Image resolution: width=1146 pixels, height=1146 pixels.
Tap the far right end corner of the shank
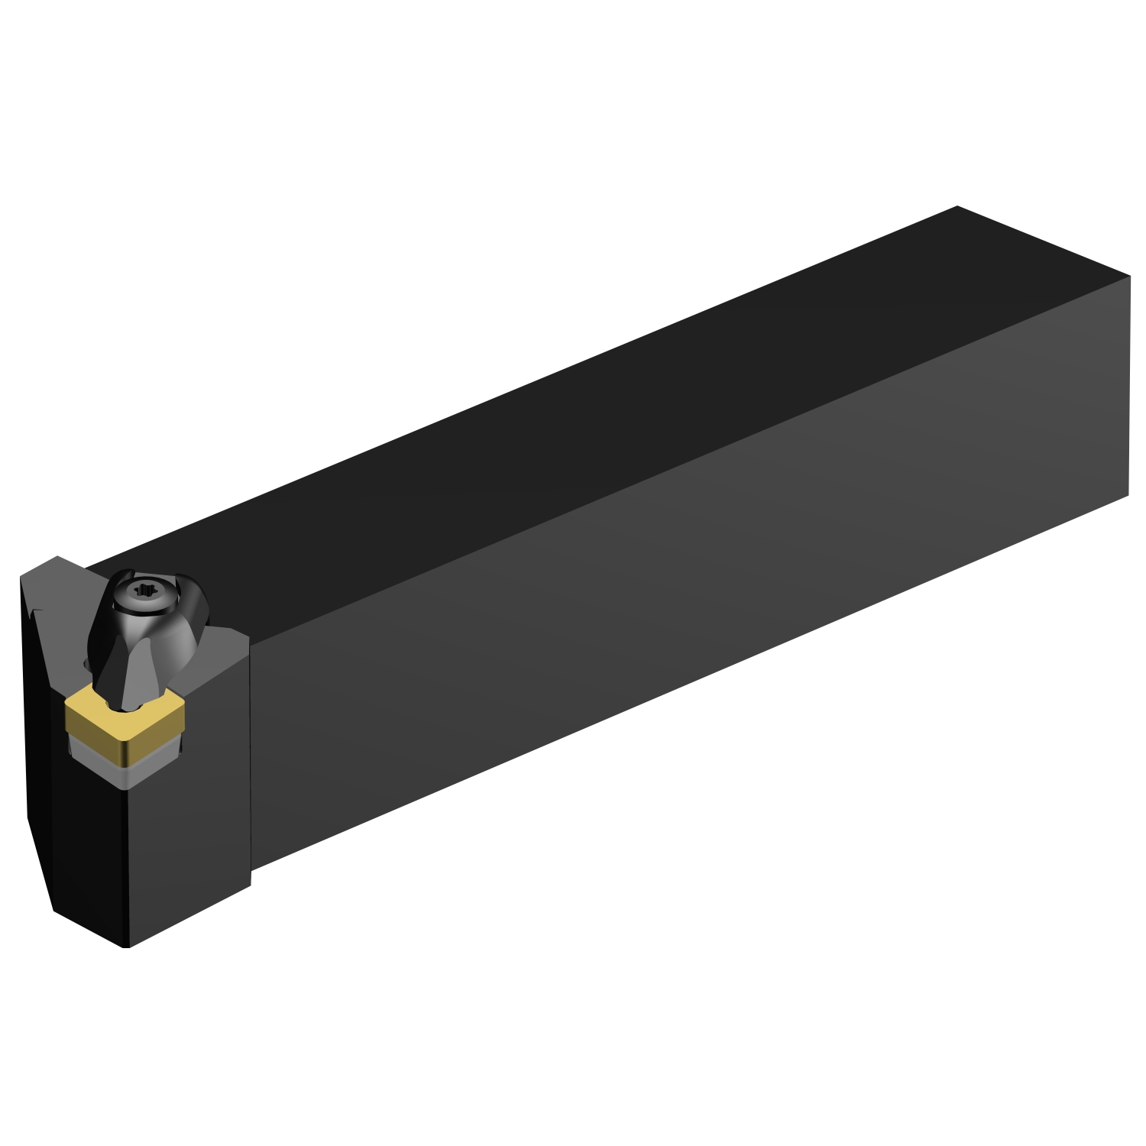pyautogui.click(x=1129, y=277)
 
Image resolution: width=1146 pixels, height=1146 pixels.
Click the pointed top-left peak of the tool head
pyautogui.click(x=57, y=556)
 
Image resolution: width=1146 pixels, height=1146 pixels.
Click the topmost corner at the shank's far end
pyautogui.click(x=957, y=206)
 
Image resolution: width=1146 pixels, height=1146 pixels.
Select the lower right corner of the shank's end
pyautogui.click(x=1128, y=495)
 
